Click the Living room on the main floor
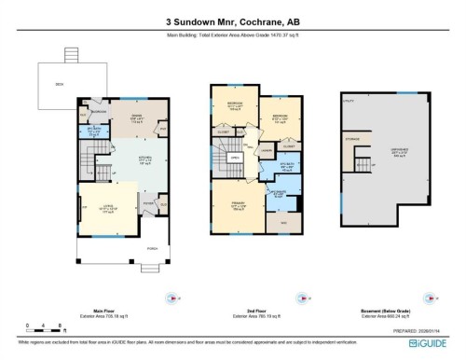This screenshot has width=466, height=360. point(108,210)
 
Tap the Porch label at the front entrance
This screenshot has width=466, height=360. point(153,249)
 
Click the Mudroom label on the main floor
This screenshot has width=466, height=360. point(96,112)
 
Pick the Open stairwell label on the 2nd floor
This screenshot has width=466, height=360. point(234,159)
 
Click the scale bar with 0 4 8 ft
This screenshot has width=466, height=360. point(44,326)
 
